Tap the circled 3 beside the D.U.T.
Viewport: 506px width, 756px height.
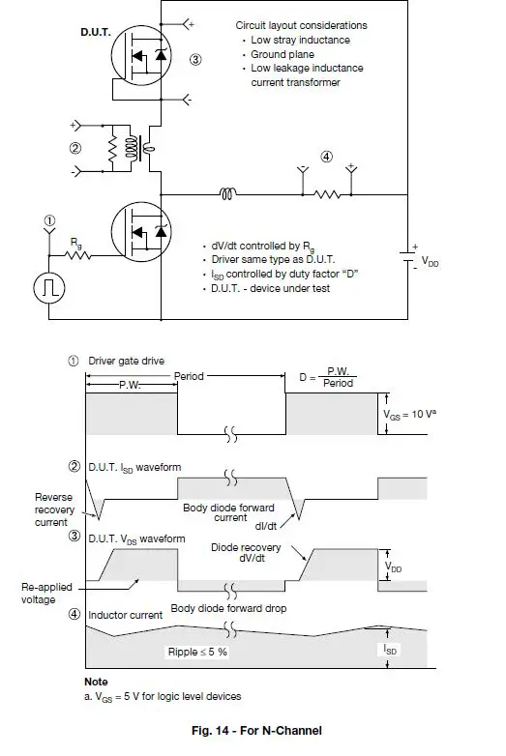195,60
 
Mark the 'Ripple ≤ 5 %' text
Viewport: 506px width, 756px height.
198,653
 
